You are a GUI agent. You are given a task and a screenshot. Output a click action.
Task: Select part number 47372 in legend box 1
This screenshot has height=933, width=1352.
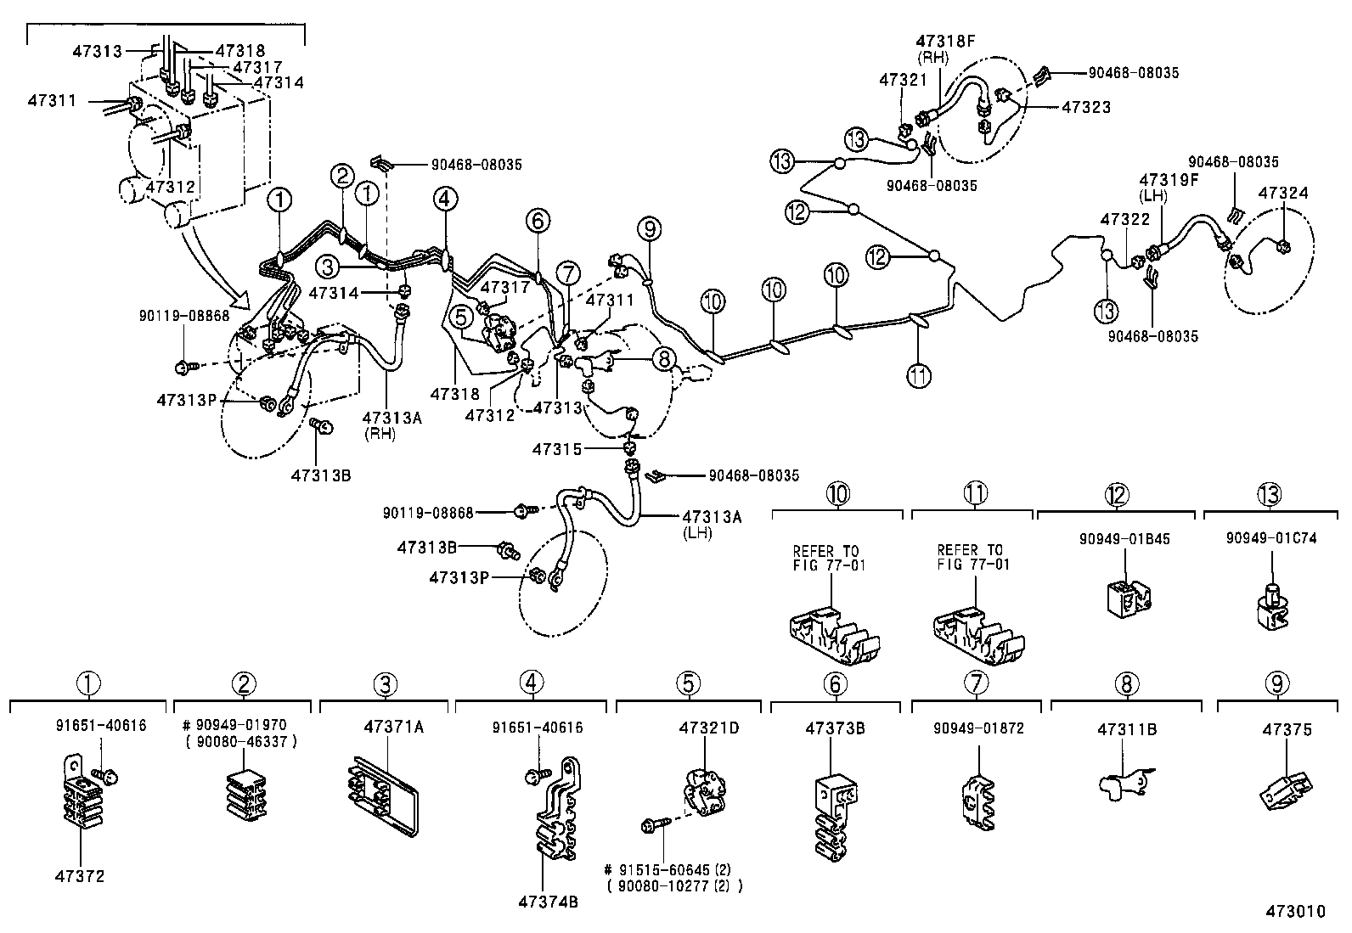[x=82, y=876]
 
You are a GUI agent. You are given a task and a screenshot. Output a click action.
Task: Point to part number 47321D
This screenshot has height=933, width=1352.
[x=709, y=728]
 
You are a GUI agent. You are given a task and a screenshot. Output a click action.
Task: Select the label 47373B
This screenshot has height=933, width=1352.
[x=835, y=728]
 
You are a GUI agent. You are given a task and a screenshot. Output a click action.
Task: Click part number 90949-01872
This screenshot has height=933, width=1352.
[x=978, y=728]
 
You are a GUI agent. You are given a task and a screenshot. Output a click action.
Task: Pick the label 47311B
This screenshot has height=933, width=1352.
[x=1127, y=728]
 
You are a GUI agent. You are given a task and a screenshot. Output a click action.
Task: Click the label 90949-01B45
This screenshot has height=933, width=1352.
[x=1124, y=538]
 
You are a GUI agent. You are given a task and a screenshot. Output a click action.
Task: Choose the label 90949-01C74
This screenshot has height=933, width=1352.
[x=1271, y=538]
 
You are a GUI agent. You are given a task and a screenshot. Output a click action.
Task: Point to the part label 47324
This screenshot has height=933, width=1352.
[x=1283, y=193]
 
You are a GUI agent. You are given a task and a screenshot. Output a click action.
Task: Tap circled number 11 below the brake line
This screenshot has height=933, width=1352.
[x=919, y=374]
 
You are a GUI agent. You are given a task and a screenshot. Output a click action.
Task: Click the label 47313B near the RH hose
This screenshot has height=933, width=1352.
[x=320, y=475]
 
